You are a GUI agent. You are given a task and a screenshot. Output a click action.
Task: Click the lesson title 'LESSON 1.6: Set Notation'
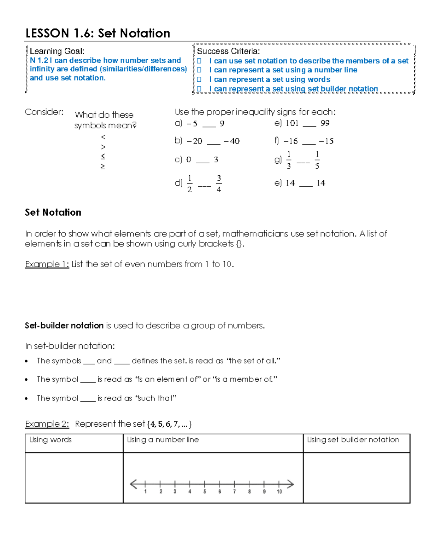click(98, 33)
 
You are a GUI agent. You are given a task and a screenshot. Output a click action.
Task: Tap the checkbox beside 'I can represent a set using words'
click(199, 80)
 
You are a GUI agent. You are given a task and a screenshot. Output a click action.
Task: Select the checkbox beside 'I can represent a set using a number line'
click(199, 70)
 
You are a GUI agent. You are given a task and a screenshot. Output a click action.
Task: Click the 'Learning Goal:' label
click(57, 51)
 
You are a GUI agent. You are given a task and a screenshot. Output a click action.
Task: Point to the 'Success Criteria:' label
click(228, 51)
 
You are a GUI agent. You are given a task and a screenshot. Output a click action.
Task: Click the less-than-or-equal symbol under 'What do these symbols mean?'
click(103, 156)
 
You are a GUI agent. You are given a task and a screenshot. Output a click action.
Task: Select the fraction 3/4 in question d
click(219, 183)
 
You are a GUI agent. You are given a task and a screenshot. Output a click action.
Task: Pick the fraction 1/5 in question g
click(317, 160)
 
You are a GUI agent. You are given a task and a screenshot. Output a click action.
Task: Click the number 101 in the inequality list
click(292, 123)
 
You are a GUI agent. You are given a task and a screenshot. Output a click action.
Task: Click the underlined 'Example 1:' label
click(47, 264)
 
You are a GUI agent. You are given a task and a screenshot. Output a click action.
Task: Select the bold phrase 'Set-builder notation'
click(64, 326)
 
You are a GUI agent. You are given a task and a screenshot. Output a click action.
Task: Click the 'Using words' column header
click(51, 439)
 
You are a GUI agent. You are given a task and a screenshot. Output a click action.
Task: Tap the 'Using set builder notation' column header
click(353, 439)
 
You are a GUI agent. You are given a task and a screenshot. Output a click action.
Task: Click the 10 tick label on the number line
click(279, 492)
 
